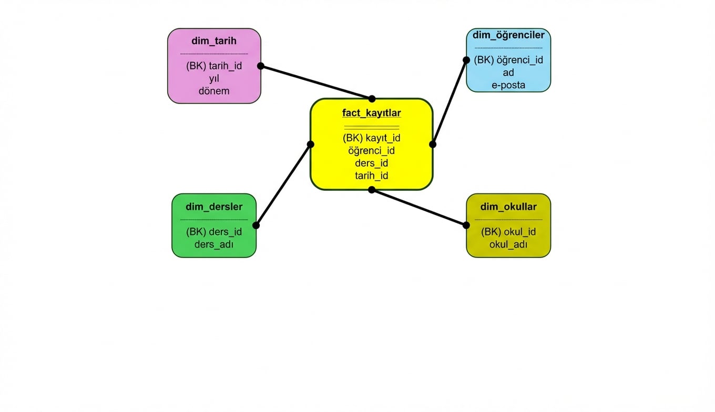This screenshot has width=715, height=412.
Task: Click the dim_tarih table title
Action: (214, 41)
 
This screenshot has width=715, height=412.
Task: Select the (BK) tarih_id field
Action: (214, 66)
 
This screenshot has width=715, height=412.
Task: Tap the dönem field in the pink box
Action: (214, 90)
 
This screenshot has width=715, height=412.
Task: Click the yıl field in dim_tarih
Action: (214, 78)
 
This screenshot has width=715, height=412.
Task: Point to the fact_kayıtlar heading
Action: (371, 113)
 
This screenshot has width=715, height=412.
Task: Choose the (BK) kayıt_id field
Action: (371, 138)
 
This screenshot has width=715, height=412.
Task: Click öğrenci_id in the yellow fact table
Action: (371, 151)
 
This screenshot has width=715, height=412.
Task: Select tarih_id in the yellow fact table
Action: (371, 176)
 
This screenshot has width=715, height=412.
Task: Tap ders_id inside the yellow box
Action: (371, 163)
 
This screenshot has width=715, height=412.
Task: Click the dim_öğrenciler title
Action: (508, 35)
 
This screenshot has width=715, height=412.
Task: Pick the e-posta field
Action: (508, 85)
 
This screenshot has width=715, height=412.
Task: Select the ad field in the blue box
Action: (508, 73)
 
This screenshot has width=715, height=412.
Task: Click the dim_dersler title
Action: (214, 207)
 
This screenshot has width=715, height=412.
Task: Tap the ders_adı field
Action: (214, 244)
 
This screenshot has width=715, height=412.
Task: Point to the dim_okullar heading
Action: (508, 207)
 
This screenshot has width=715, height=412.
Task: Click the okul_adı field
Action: (508, 244)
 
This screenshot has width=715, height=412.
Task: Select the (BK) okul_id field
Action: (508, 232)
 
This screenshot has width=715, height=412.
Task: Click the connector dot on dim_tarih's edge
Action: (260, 66)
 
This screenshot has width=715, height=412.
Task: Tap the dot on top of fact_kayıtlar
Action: (372, 99)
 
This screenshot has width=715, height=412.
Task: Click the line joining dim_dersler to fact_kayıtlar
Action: (283, 185)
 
